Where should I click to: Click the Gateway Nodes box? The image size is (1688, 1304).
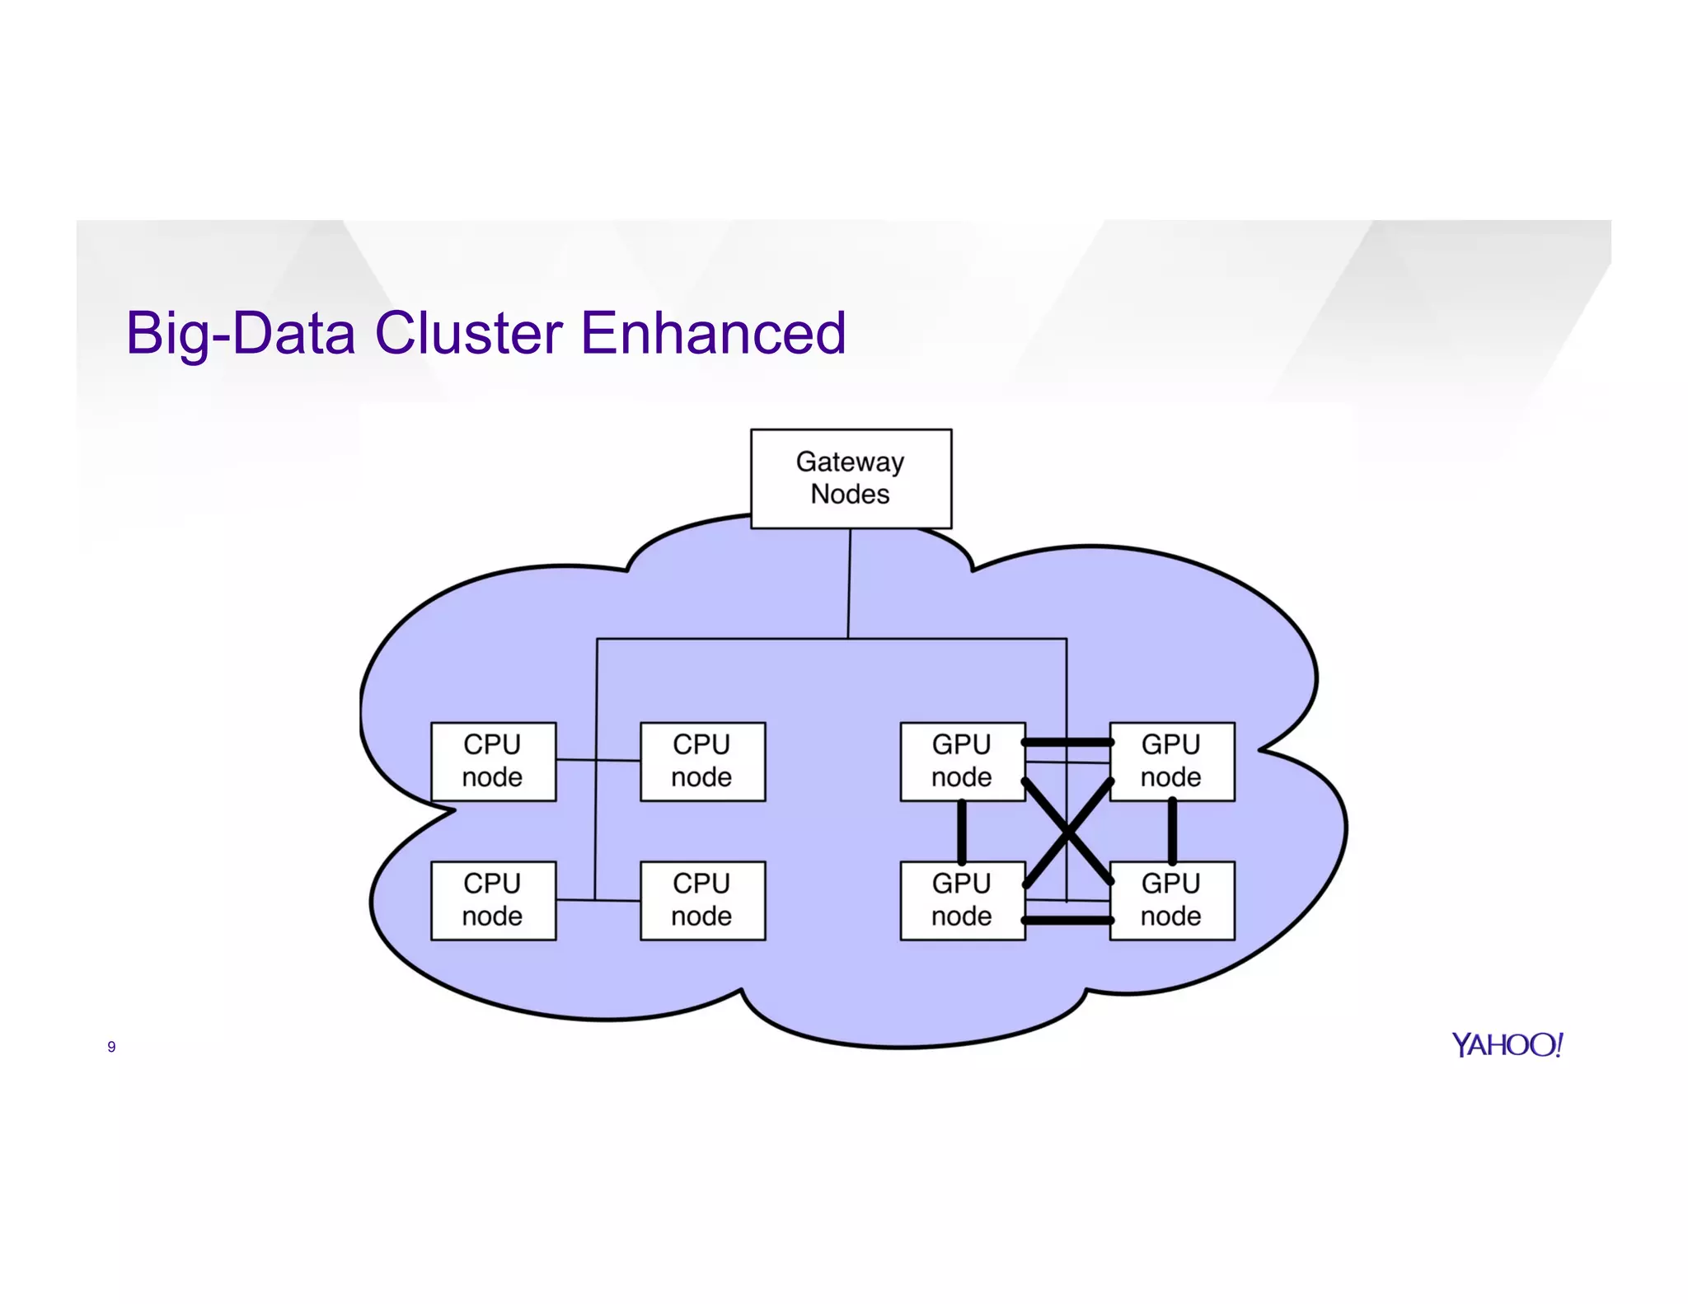click(851, 478)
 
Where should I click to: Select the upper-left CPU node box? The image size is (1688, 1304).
click(493, 761)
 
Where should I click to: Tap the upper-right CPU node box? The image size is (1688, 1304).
click(702, 761)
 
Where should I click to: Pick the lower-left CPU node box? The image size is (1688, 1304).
click(493, 900)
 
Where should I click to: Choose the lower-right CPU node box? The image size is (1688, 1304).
click(702, 900)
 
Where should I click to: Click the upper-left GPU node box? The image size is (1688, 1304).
click(962, 761)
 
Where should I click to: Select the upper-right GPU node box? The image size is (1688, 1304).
click(1171, 761)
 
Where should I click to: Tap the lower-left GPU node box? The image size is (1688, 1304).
click(962, 900)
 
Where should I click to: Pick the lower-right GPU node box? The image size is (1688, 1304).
click(1171, 900)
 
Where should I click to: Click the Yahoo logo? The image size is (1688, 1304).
click(1507, 1044)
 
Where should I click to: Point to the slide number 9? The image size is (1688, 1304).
click(111, 1047)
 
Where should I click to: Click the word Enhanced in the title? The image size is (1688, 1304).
click(713, 333)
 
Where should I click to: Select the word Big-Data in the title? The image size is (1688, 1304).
click(241, 333)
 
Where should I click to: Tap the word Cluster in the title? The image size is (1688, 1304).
click(468, 333)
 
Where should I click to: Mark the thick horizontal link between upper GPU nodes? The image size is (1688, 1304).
click(1067, 743)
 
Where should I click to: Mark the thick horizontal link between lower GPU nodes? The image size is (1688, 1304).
click(1067, 920)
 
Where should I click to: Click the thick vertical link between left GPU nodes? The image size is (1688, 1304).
click(962, 831)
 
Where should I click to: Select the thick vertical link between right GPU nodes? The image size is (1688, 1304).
click(1172, 831)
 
